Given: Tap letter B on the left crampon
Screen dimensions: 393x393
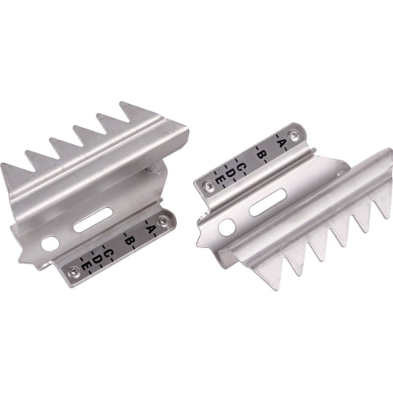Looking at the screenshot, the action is point(129,241).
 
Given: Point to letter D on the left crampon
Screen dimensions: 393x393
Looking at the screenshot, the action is point(96,260).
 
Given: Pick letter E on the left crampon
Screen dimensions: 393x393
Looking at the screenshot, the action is point(85,266).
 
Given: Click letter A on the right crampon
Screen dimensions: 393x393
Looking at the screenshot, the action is point(281,142).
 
